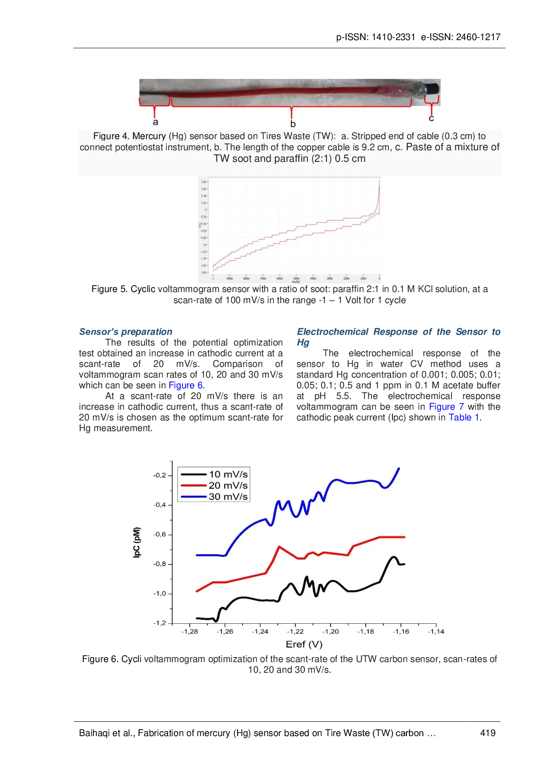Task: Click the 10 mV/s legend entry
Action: [x=228, y=474]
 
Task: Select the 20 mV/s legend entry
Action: [x=228, y=486]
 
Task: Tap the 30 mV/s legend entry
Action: [x=228, y=497]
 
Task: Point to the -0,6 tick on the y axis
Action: [x=160, y=535]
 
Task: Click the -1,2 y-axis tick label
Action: [x=160, y=623]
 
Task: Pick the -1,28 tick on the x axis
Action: [x=190, y=632]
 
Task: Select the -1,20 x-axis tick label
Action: [x=330, y=632]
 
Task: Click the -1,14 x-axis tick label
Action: [x=436, y=632]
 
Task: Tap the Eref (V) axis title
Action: [x=304, y=645]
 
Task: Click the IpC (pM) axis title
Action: [x=137, y=542]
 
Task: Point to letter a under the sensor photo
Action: [x=155, y=122]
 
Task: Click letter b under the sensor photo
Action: [x=293, y=124]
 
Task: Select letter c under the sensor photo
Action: [x=431, y=119]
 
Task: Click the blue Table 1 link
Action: [x=464, y=417]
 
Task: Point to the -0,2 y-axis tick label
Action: [x=160, y=475]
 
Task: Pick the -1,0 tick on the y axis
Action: [x=160, y=593]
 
